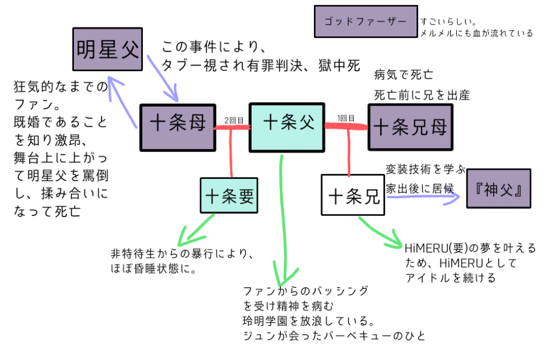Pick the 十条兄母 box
pyautogui.click(x=410, y=127)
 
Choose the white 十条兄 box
pyautogui.click(x=354, y=196)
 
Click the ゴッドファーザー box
pyautogui.click(x=365, y=22)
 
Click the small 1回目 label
pyautogui.click(x=345, y=118)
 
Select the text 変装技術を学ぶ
pyautogui.click(x=425, y=168)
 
